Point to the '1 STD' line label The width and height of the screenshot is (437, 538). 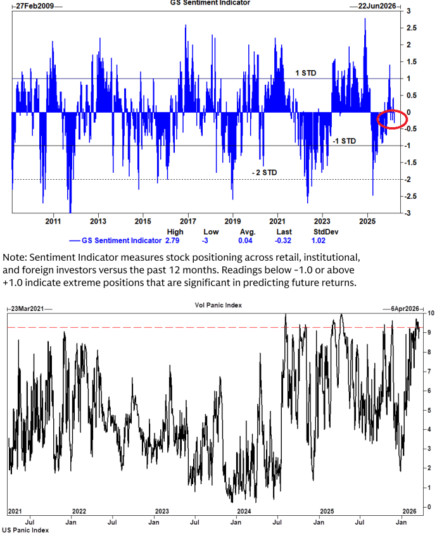click(306, 73)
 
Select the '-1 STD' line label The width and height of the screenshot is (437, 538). click(343, 141)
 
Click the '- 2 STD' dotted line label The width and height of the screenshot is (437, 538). click(264, 172)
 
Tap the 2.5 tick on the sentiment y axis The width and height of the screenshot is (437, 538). click(409, 28)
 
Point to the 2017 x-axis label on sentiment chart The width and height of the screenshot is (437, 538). click(187, 222)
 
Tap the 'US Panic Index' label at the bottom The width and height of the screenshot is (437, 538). click(26, 530)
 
